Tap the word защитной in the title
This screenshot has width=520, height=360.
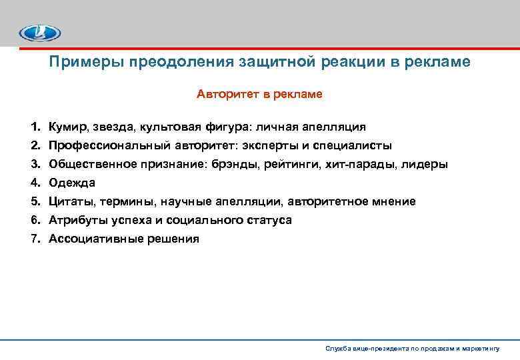click(x=269, y=62)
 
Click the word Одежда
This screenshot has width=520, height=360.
click(x=72, y=183)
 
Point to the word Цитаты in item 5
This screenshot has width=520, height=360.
click(x=69, y=201)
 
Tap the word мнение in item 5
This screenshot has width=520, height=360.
click(x=393, y=201)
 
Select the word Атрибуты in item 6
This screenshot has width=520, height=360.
click(x=75, y=220)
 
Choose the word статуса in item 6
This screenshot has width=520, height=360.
click(x=269, y=220)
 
